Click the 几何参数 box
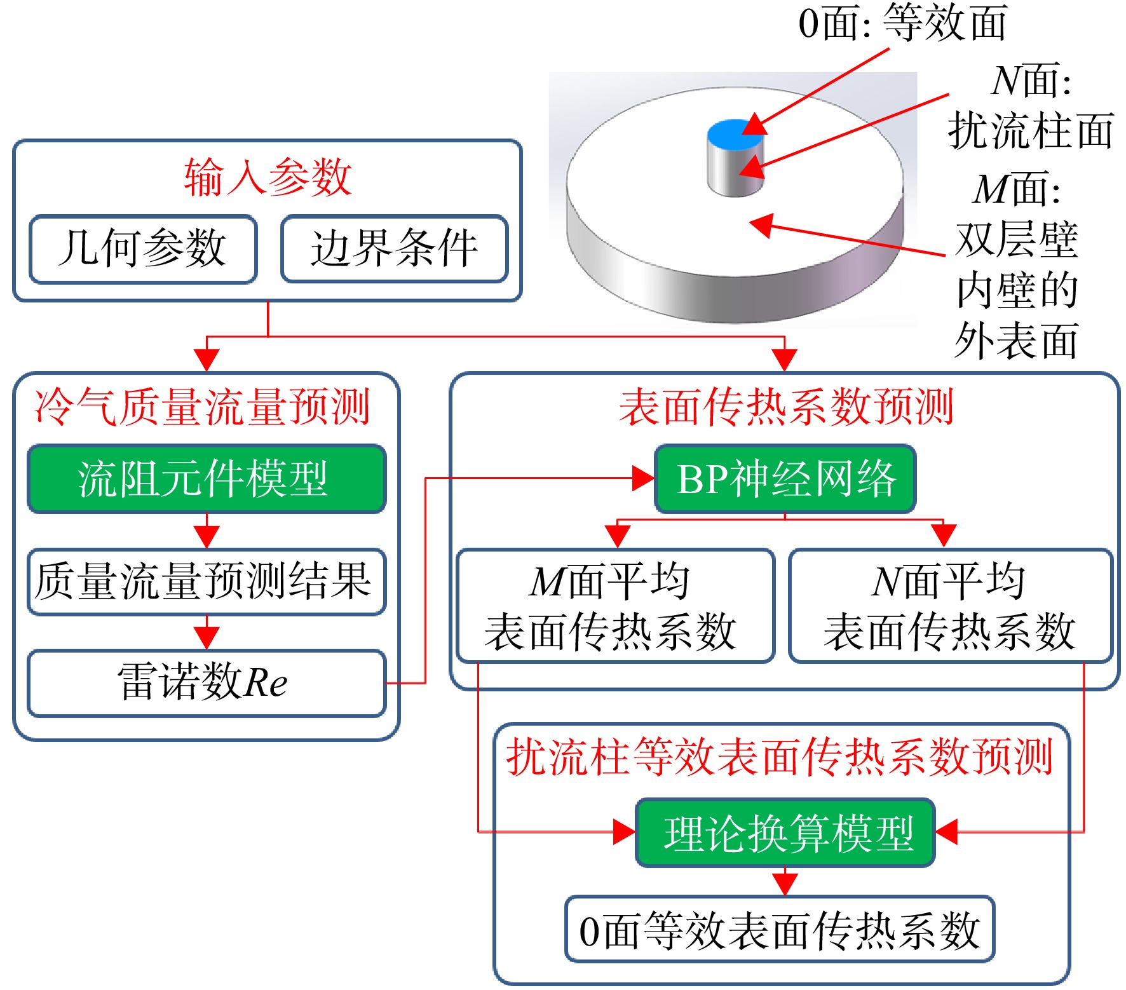(x=143, y=248)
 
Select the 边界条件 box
(x=395, y=248)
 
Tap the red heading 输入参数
(x=268, y=177)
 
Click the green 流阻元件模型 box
(x=207, y=478)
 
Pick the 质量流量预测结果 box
(x=207, y=581)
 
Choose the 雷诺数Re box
(x=207, y=683)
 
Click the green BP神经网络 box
(x=785, y=478)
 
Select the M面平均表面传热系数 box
(x=615, y=606)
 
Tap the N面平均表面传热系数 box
(x=951, y=606)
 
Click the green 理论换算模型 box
(x=785, y=832)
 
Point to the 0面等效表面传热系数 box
(x=780, y=930)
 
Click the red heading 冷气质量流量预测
(x=202, y=407)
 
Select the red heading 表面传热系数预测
(x=787, y=407)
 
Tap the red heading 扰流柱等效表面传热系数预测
(x=780, y=757)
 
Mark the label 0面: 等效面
(x=903, y=23)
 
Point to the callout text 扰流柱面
(x=1030, y=130)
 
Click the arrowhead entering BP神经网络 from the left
(x=643, y=478)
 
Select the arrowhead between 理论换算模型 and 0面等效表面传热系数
(x=785, y=884)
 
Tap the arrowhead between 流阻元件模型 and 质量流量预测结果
(x=207, y=536)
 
